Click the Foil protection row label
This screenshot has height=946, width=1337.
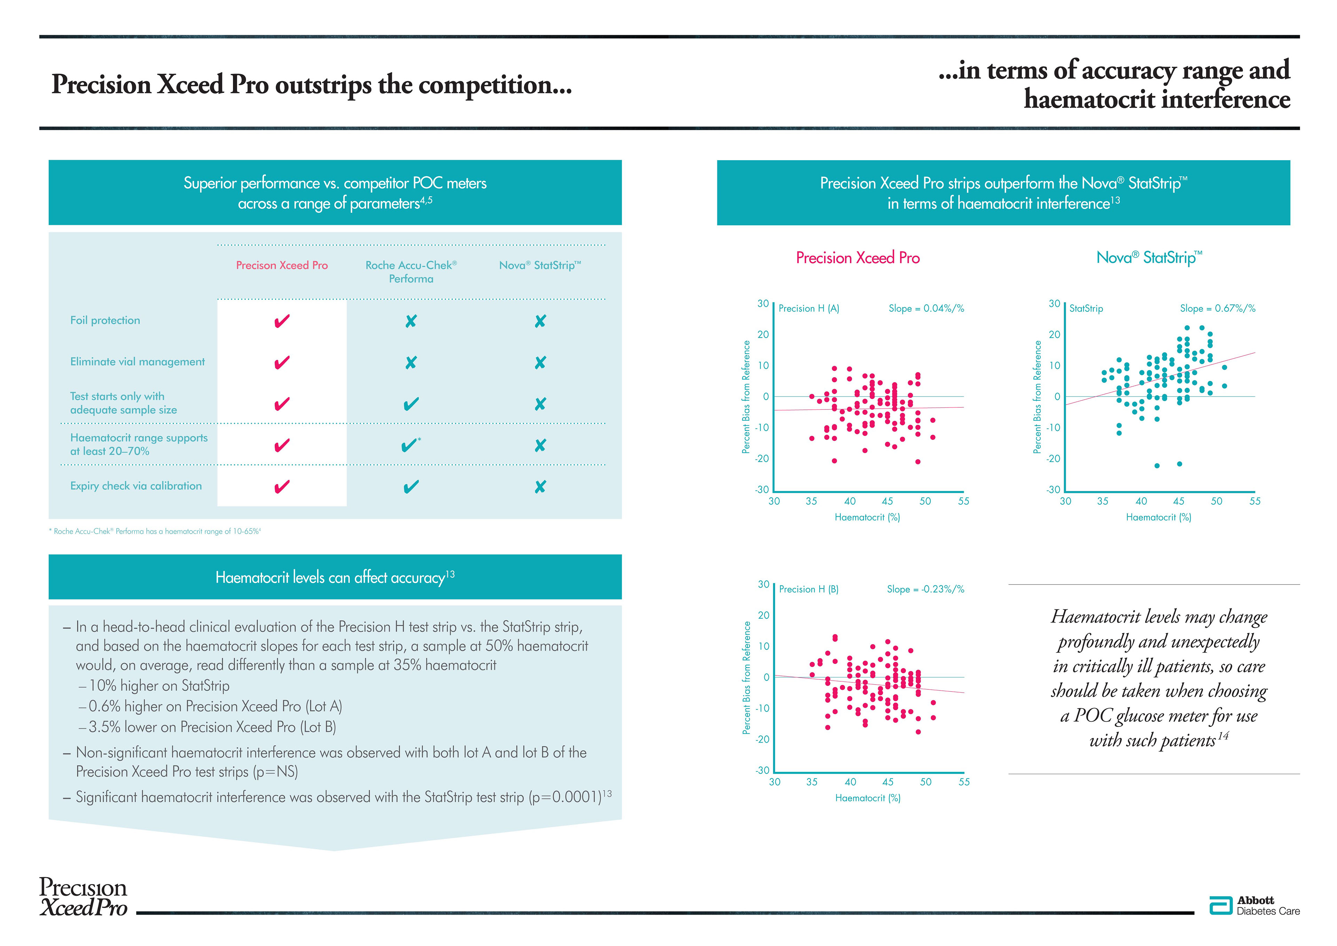pyautogui.click(x=105, y=320)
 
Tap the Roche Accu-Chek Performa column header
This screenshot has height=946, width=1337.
pyautogui.click(x=411, y=272)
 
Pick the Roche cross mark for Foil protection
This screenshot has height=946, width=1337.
pyautogui.click(x=411, y=321)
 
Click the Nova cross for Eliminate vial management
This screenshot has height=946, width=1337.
pyautogui.click(x=540, y=363)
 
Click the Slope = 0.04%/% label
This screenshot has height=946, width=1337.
pyautogui.click(x=926, y=308)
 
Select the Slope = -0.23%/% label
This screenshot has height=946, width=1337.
pyautogui.click(x=925, y=589)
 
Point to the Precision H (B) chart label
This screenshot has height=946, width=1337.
pyautogui.click(x=808, y=589)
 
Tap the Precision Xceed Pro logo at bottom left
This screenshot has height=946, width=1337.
pyautogui.click(x=83, y=897)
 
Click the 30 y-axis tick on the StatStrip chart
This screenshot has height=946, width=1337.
pyautogui.click(x=1054, y=304)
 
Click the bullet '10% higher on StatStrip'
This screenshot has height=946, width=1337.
pyautogui.click(x=158, y=686)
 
